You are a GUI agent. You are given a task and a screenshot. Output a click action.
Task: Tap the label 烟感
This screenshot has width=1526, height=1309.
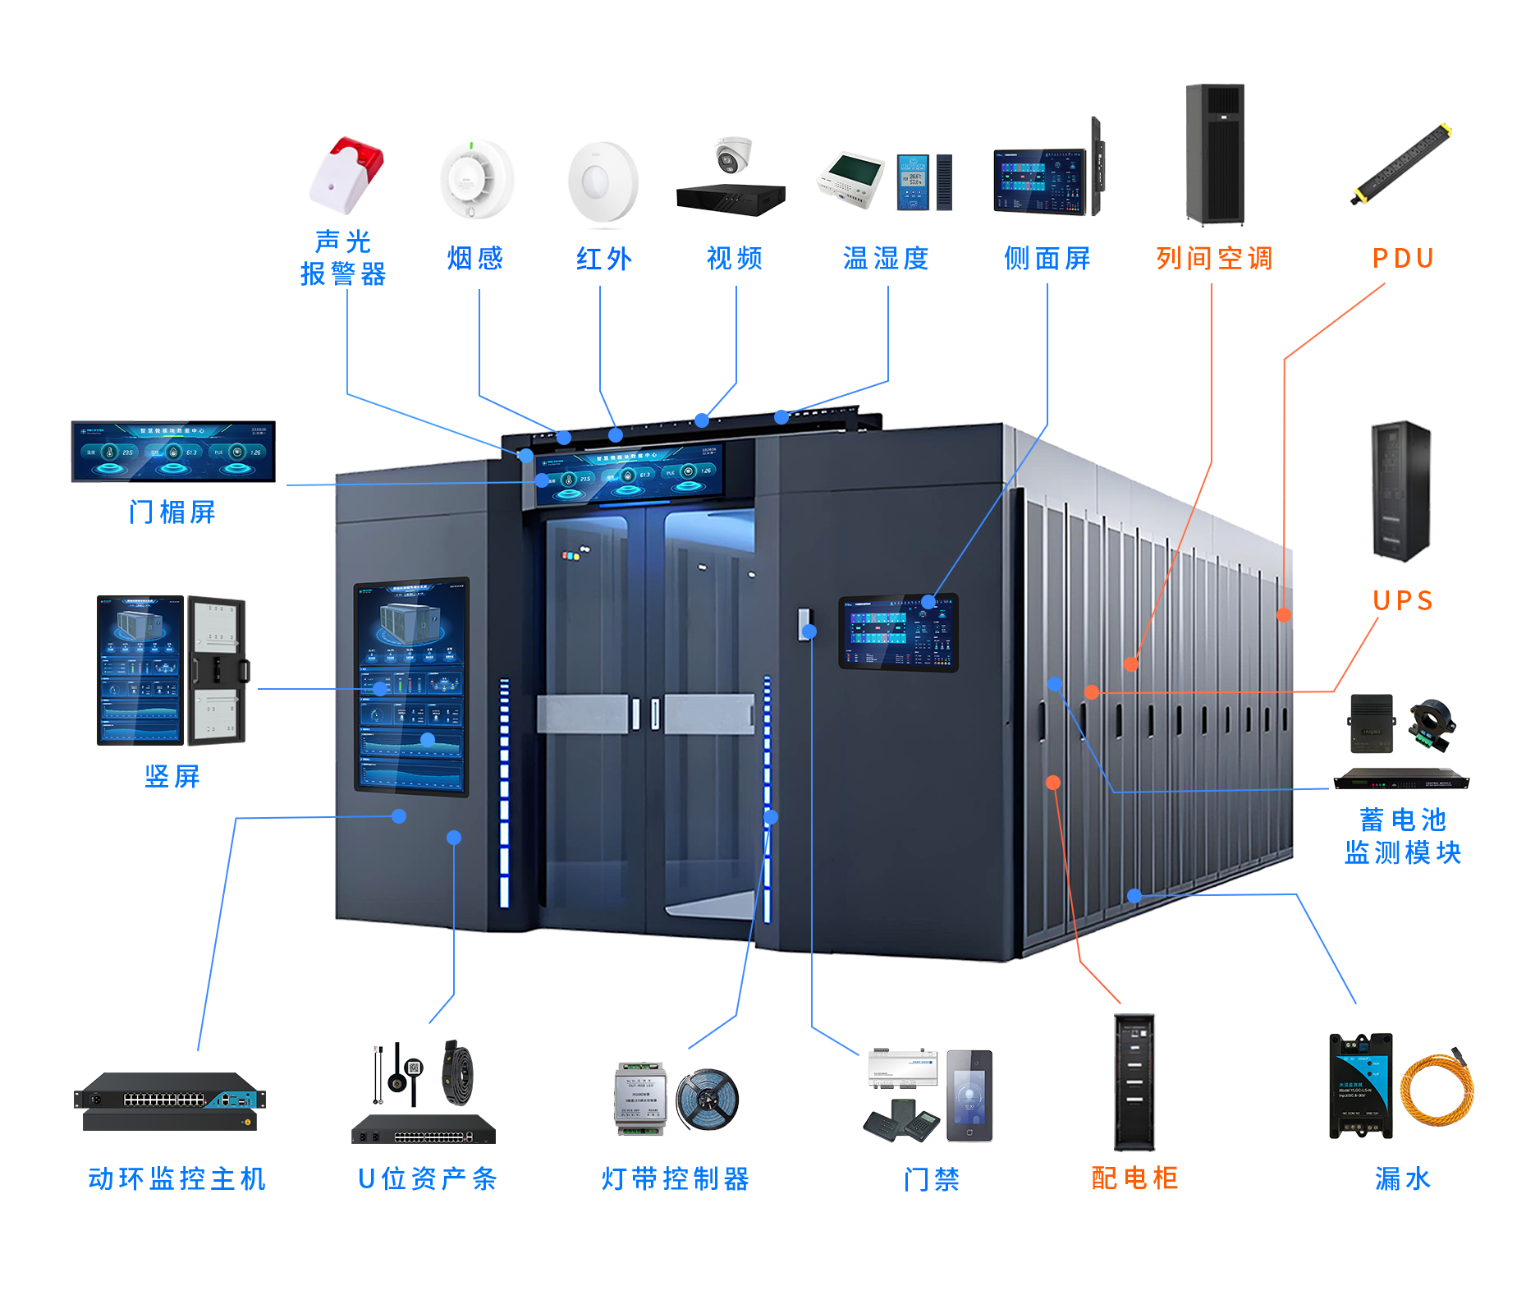coord(475,259)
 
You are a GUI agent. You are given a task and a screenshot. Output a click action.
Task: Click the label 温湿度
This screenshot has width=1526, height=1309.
coord(886,259)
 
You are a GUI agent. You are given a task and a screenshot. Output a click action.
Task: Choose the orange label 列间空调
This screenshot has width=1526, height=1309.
coord(1214,259)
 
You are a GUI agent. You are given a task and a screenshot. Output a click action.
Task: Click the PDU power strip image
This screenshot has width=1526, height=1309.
coord(1401,164)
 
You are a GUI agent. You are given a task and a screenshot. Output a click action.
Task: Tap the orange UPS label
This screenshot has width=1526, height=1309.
coord(1402,601)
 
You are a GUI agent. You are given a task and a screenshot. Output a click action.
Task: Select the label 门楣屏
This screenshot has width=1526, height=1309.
coord(172,512)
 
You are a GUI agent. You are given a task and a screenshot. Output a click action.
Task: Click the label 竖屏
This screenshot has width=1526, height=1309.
coord(172,777)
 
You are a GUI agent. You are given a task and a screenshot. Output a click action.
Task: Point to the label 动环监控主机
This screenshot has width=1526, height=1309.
coord(177,1179)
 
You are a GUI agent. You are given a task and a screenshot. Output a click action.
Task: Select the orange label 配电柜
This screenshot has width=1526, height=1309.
coord(1134,1178)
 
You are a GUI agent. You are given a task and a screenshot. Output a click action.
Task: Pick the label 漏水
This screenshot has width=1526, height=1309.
coord(1402,1179)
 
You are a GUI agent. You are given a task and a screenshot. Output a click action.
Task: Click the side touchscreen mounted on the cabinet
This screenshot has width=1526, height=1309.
coord(898,632)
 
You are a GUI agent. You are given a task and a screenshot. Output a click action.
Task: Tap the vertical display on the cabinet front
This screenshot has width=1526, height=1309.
coord(411,686)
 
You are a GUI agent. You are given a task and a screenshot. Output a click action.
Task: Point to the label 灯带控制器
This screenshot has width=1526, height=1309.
coord(675,1179)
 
